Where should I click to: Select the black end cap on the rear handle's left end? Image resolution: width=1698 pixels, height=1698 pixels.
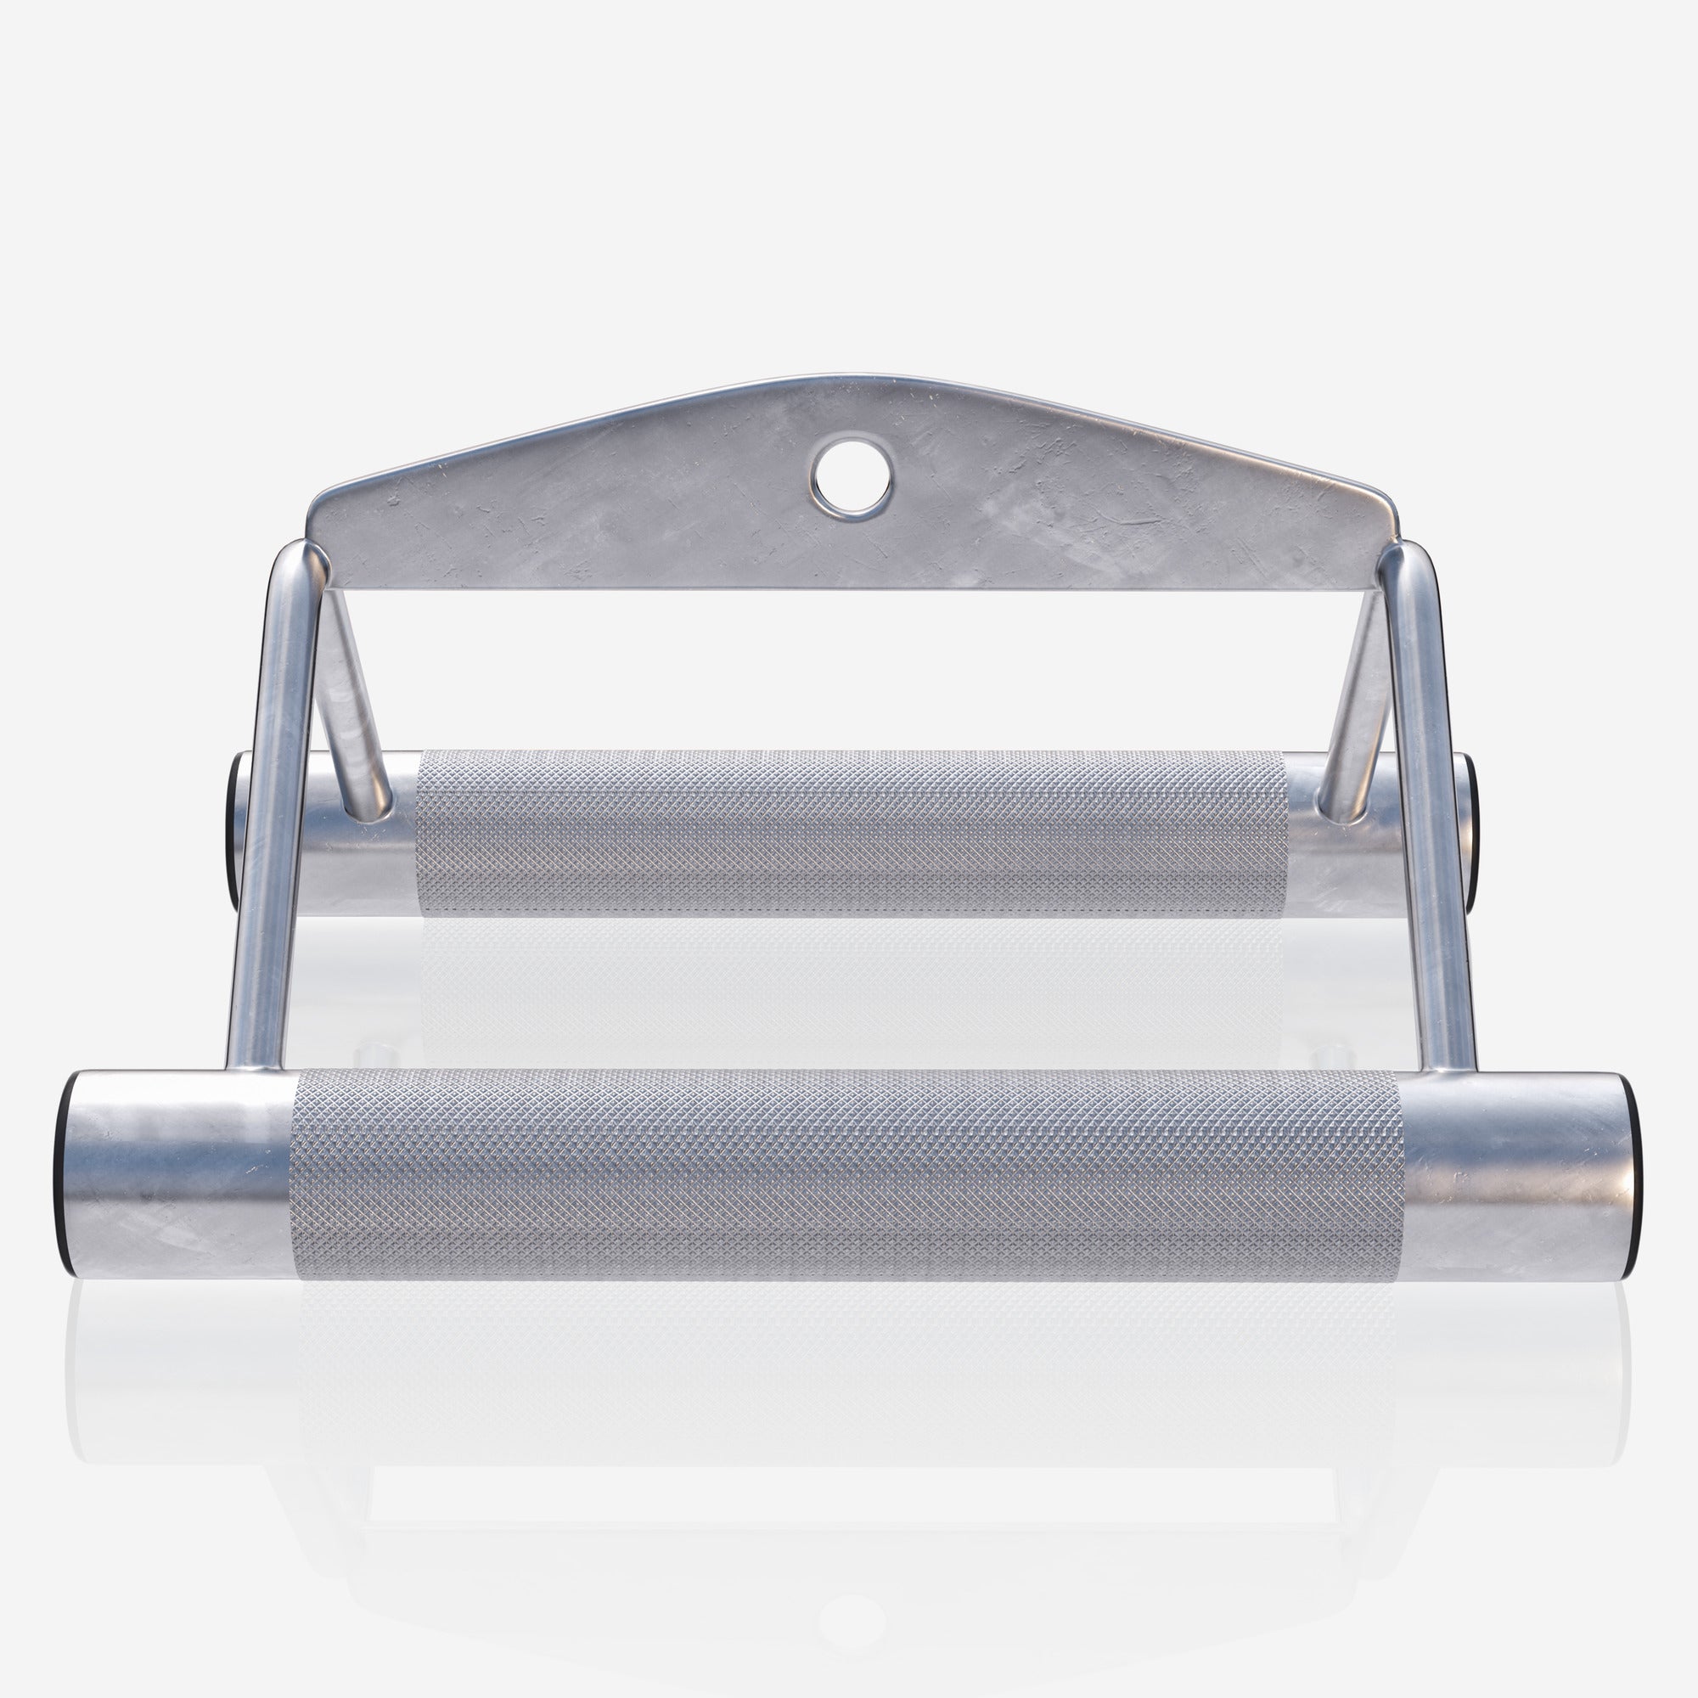(x=236, y=829)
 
